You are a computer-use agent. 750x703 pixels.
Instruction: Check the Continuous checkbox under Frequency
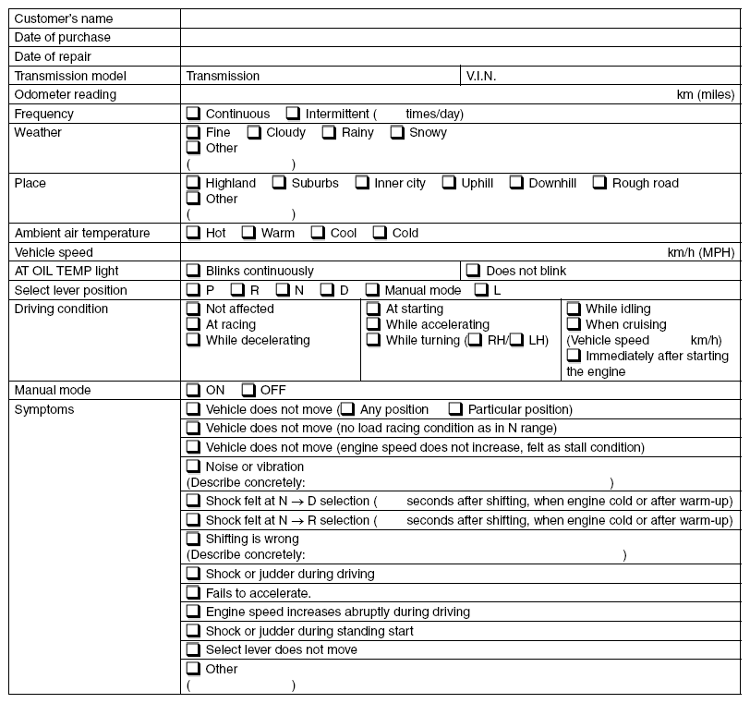[193, 114]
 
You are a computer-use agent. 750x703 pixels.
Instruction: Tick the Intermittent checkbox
[293, 114]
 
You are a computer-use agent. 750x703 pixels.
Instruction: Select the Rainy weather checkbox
[329, 132]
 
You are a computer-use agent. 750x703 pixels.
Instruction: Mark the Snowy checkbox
[396, 132]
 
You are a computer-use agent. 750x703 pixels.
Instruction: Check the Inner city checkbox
[362, 183]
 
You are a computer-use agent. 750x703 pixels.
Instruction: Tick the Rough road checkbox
[599, 183]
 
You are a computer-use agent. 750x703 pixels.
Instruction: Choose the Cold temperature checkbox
[380, 233]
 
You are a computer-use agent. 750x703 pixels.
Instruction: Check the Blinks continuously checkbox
[193, 271]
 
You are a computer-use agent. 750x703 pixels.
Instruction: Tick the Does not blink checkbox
[473, 271]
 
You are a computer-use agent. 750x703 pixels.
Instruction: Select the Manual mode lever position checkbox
[372, 290]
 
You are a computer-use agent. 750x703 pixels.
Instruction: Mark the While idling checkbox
[573, 309]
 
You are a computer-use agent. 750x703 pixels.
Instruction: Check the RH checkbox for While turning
[475, 340]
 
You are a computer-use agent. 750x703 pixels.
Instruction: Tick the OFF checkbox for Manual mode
[248, 390]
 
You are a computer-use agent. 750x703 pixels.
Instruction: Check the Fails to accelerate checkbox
[193, 592]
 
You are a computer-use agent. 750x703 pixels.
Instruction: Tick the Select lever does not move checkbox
[193, 649]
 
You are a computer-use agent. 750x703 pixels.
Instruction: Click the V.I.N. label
[481, 76]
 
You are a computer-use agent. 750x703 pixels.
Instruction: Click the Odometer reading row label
[65, 94]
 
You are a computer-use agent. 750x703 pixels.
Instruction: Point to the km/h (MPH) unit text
[703, 252]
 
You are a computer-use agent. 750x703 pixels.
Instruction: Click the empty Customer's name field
[460, 18]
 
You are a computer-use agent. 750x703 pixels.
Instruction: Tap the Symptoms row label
[44, 409]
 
